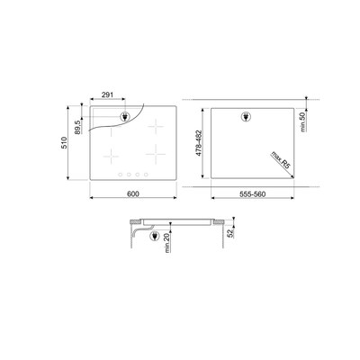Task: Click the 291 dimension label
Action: pos(107,94)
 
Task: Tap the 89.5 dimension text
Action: pos(77,127)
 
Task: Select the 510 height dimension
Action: pos(64,142)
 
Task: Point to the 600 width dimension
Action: pos(133,194)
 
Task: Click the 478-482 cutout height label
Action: pos(199,143)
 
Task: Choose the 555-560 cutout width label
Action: pos(253,194)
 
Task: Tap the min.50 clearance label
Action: pos(302,121)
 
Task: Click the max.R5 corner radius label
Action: pos(282,160)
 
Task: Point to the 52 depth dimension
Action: pos(230,233)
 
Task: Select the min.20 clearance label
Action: pos(167,243)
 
